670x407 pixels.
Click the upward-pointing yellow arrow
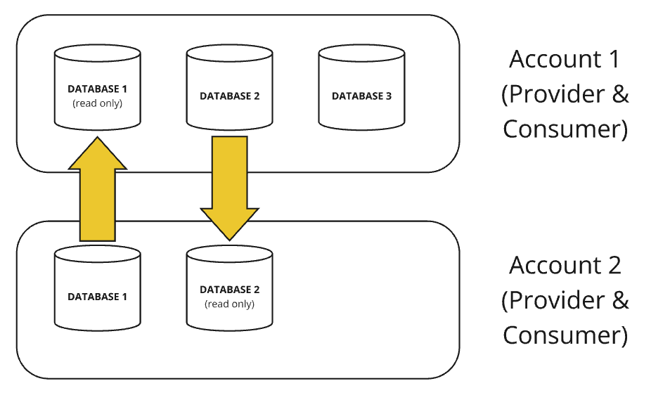pyautogui.click(x=98, y=189)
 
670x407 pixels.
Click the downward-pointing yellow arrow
pyautogui.click(x=229, y=188)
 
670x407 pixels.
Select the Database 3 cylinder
pyautogui.click(x=361, y=87)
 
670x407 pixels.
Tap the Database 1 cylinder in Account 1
pyautogui.click(x=98, y=87)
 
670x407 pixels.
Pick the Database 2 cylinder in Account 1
pyautogui.click(x=229, y=87)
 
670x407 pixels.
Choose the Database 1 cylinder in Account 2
pyautogui.click(x=98, y=288)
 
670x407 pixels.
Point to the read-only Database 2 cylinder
pyautogui.click(x=229, y=288)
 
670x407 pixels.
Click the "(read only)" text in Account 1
pyautogui.click(x=98, y=103)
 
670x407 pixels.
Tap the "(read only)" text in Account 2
pyautogui.click(x=229, y=304)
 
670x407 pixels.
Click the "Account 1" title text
pyautogui.click(x=565, y=59)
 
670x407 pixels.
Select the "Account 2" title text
pyautogui.click(x=565, y=265)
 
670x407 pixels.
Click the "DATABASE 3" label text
pyautogui.click(x=361, y=96)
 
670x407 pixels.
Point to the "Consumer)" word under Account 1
pyautogui.click(x=565, y=129)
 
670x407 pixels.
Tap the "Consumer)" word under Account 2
pyautogui.click(x=565, y=335)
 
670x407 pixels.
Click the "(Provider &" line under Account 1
pyautogui.click(x=565, y=94)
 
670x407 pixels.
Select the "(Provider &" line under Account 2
pyautogui.click(x=565, y=301)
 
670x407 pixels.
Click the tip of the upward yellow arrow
pyautogui.click(x=98, y=137)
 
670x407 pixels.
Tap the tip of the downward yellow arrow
pyautogui.click(x=229, y=240)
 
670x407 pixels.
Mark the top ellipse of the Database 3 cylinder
pyautogui.click(x=361, y=53)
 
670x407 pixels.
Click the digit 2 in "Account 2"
pyautogui.click(x=614, y=265)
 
